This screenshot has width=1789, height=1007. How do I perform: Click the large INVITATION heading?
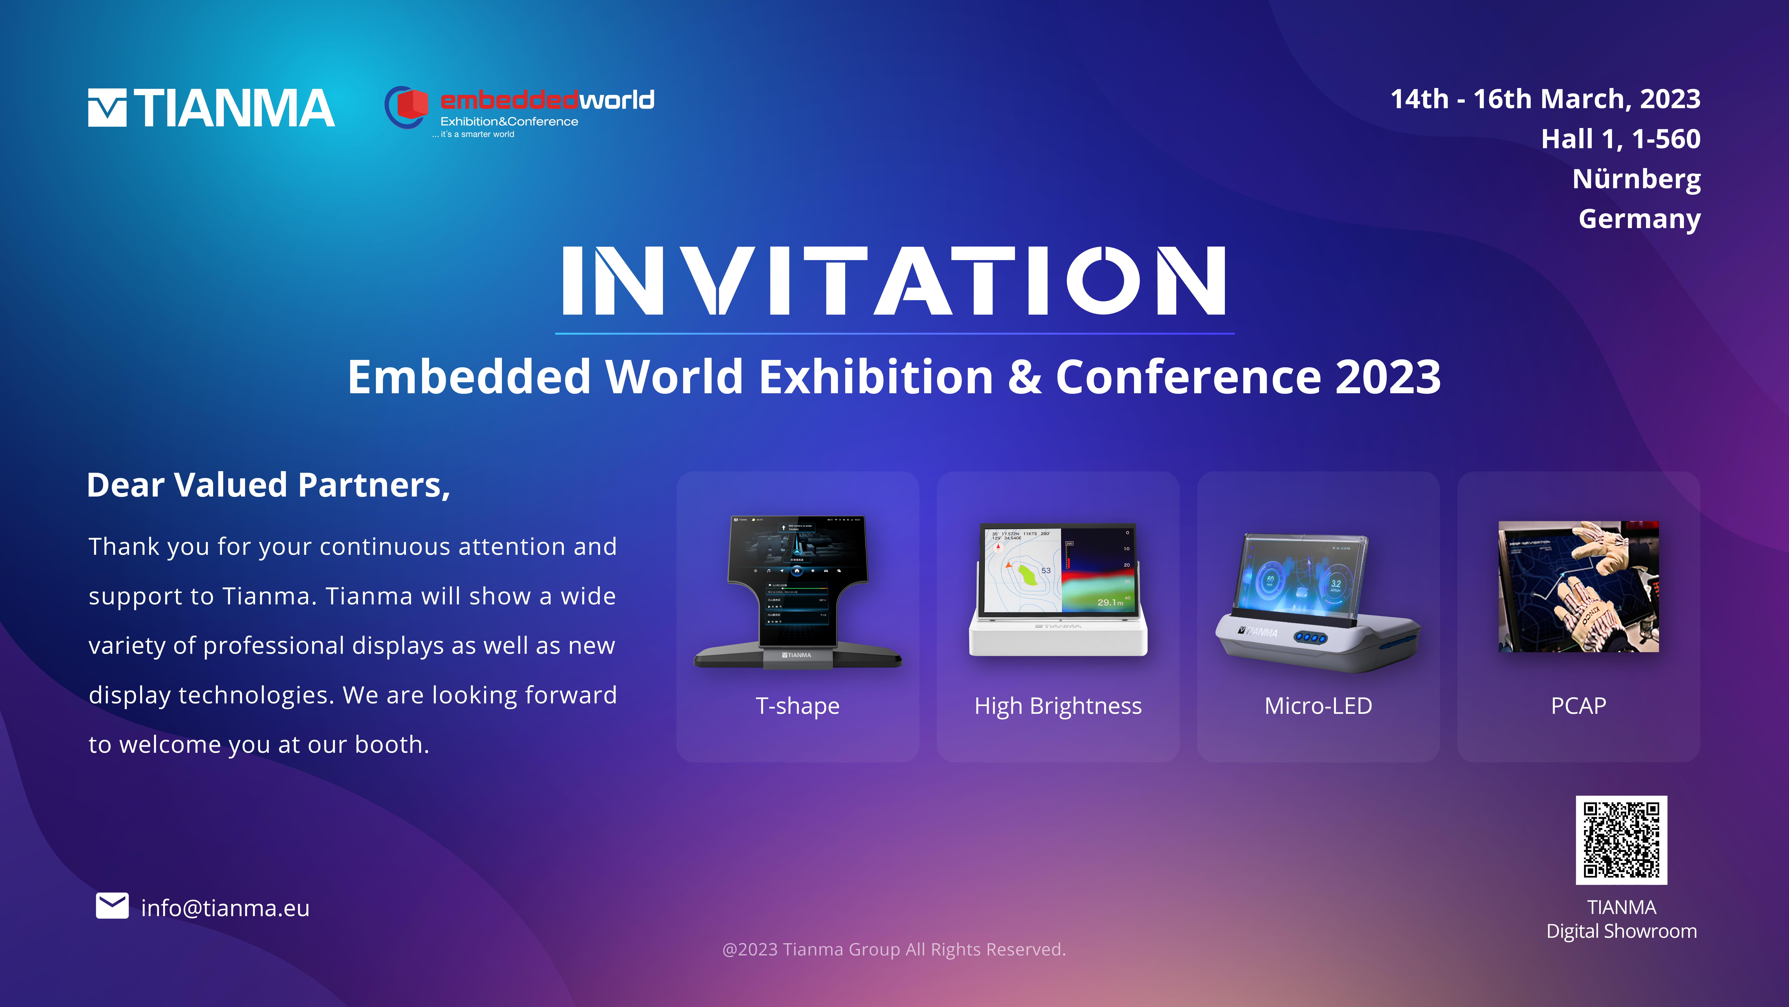895,281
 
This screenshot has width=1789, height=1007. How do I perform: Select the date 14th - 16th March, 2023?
1545,99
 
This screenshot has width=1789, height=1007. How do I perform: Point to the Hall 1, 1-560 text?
1621,139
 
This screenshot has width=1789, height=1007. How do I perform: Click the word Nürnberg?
1636,179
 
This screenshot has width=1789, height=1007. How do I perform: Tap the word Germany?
1640,219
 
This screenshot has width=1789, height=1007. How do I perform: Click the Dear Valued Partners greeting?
268,485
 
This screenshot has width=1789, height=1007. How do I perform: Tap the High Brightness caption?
1058,706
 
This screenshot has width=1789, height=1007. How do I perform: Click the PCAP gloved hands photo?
1579,587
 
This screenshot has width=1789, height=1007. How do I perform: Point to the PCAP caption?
1579,706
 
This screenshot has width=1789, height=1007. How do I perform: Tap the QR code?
1622,840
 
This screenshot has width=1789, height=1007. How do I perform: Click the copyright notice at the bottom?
894,949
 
